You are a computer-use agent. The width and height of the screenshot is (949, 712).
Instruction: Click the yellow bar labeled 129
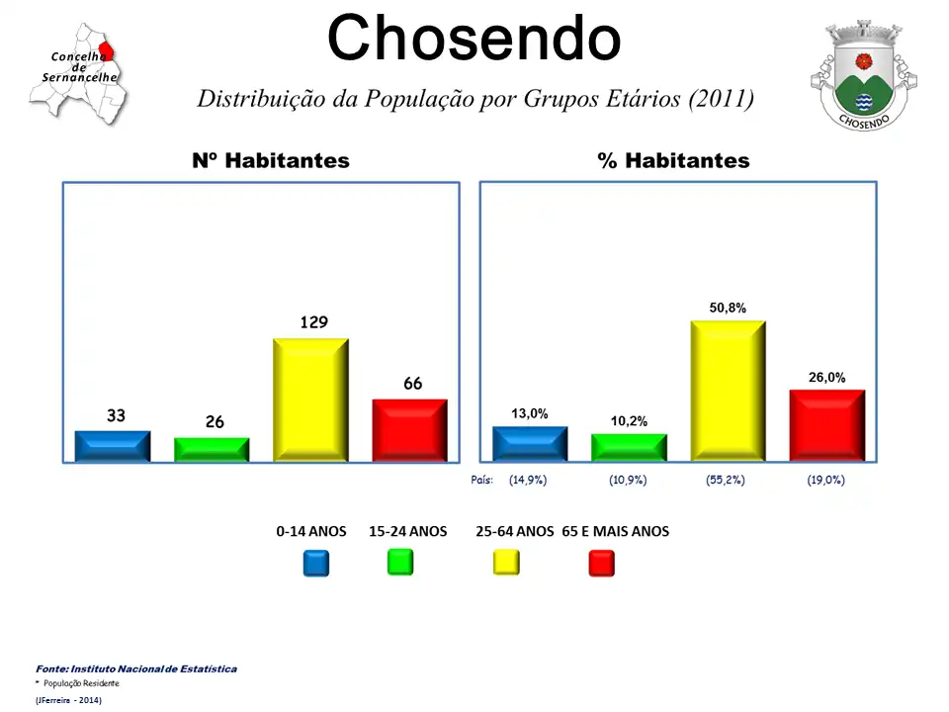[310, 400]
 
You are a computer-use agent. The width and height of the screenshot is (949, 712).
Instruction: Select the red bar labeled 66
[409, 430]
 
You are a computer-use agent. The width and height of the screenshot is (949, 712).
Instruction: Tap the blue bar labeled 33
[113, 446]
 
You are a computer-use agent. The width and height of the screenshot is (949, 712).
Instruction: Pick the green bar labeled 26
[212, 449]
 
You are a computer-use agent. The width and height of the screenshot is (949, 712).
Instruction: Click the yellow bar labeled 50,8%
[728, 391]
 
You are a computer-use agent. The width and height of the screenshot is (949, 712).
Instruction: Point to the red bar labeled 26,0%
[826, 425]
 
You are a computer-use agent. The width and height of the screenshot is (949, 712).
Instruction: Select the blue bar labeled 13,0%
[530, 444]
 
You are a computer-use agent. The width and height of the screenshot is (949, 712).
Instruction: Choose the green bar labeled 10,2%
[629, 447]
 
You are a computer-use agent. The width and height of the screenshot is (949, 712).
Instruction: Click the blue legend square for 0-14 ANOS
[316, 563]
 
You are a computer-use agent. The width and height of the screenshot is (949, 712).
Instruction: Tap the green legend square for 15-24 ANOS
[400, 562]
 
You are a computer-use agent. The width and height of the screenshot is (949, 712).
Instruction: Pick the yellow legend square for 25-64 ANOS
[506, 563]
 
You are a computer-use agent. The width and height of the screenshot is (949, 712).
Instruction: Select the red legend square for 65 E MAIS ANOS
[601, 563]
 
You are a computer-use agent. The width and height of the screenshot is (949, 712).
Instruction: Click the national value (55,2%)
[726, 480]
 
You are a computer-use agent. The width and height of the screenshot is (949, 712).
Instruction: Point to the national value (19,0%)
[825, 480]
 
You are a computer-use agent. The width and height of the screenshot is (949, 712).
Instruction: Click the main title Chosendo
[474, 39]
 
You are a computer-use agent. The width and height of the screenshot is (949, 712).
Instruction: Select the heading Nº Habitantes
[271, 160]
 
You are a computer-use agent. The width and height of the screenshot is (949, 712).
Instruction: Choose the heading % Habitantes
[673, 160]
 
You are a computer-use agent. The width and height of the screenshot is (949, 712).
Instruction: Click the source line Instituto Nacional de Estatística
[136, 669]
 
